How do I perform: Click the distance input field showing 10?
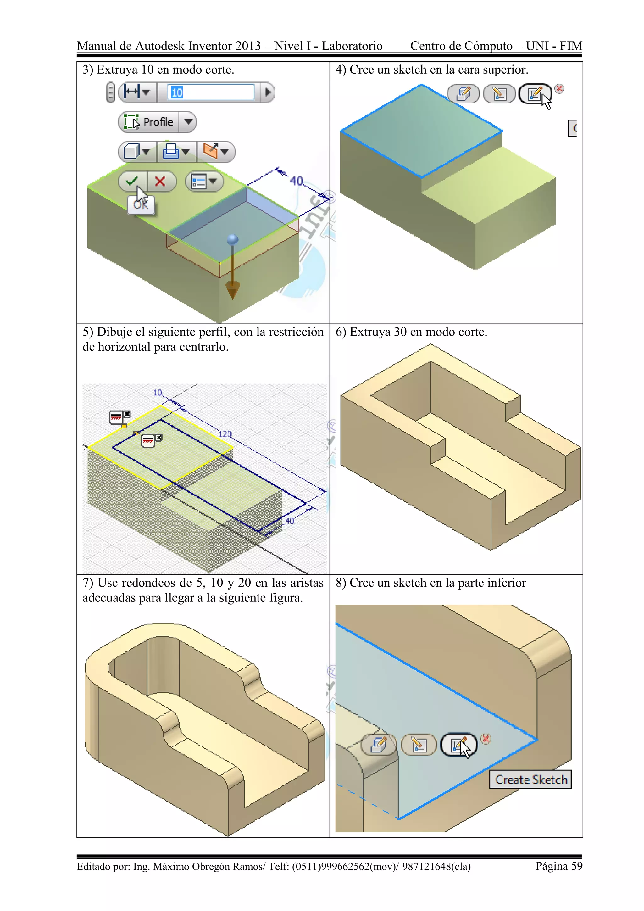tap(210, 92)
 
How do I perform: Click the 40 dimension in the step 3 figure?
tap(296, 181)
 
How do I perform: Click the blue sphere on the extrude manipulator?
tap(233, 239)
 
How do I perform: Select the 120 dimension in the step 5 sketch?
tap(225, 434)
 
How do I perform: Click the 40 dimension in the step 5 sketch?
tap(290, 521)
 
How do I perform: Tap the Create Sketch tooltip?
tap(530, 780)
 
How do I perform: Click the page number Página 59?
tap(559, 866)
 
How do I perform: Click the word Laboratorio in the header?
tap(352, 46)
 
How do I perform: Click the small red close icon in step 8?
tap(486, 738)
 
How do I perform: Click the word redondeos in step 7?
tap(149, 583)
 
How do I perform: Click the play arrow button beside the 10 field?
tap(268, 92)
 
